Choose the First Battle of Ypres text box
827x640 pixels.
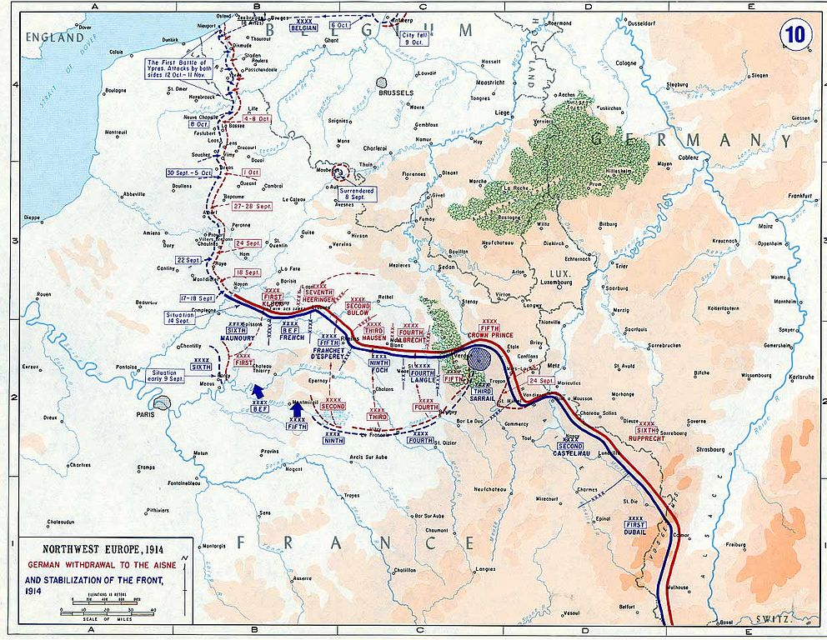coord(179,68)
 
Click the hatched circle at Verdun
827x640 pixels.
coord(479,359)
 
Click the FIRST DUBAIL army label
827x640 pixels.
coord(634,528)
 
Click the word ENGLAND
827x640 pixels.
coord(54,37)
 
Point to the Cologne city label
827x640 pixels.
coord(625,63)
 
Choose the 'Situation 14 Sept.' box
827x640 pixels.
coord(181,317)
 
